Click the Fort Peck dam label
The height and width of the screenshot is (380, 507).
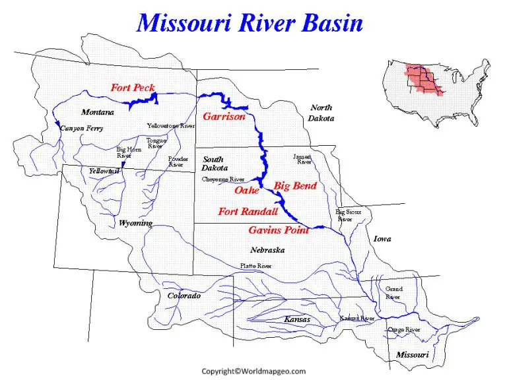point(133,88)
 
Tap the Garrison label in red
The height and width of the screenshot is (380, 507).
point(224,117)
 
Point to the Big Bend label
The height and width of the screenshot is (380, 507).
point(295,186)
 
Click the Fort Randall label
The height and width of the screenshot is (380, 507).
point(248,212)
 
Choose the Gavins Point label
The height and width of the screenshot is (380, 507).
point(279,230)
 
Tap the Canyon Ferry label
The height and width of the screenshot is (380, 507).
point(81,128)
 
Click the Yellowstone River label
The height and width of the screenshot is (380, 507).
point(170,125)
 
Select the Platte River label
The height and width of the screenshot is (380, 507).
point(255,266)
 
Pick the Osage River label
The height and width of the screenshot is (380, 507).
point(404,329)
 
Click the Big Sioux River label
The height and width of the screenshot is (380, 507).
point(349,215)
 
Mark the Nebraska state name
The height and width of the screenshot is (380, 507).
point(267,251)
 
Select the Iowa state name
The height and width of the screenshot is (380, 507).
point(382,239)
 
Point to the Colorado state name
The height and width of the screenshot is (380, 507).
point(184,296)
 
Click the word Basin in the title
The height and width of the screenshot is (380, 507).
point(323,23)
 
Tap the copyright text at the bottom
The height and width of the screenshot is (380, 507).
point(253,371)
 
